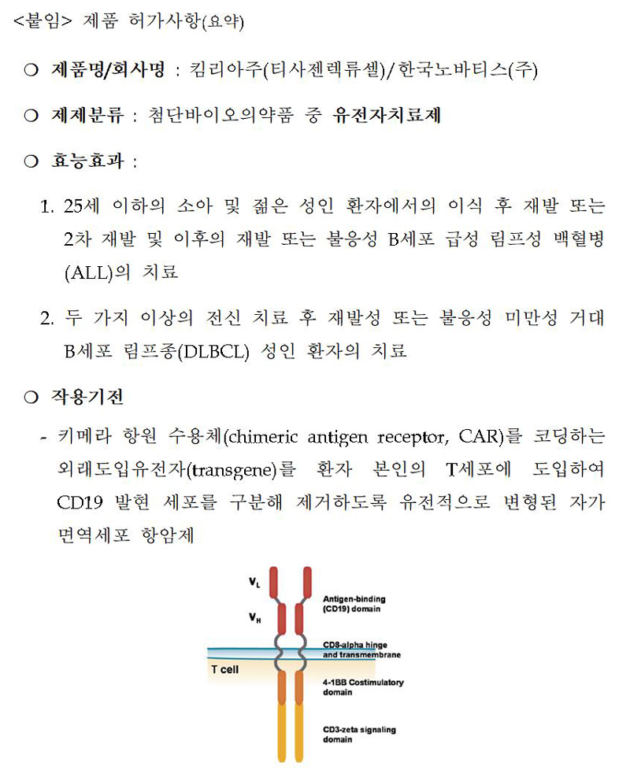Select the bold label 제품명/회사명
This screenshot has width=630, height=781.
(x=108, y=70)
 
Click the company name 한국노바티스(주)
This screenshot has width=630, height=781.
(x=467, y=70)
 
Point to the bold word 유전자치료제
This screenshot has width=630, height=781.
(x=387, y=116)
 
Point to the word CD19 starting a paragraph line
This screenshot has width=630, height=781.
(x=76, y=502)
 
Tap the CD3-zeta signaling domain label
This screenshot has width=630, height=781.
(x=359, y=735)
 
